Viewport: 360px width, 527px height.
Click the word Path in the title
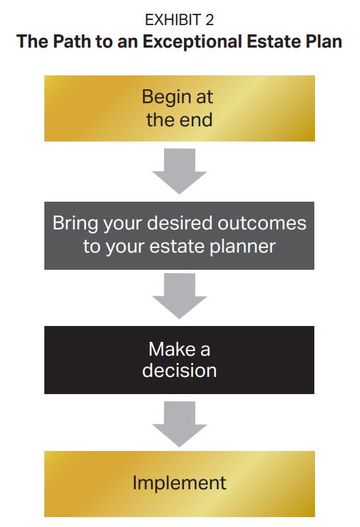click(72, 42)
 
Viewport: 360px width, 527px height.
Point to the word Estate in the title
click(273, 42)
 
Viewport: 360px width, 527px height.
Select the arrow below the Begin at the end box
click(179, 171)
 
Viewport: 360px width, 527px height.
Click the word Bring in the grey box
click(75, 224)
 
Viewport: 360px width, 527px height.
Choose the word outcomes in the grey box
click(262, 223)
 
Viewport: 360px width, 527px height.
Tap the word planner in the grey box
click(243, 247)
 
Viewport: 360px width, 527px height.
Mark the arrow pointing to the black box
click(179, 296)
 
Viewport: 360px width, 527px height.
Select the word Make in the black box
click(171, 349)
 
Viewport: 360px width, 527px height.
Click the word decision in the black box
click(179, 371)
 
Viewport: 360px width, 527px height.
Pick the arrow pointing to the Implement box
click(179, 424)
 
